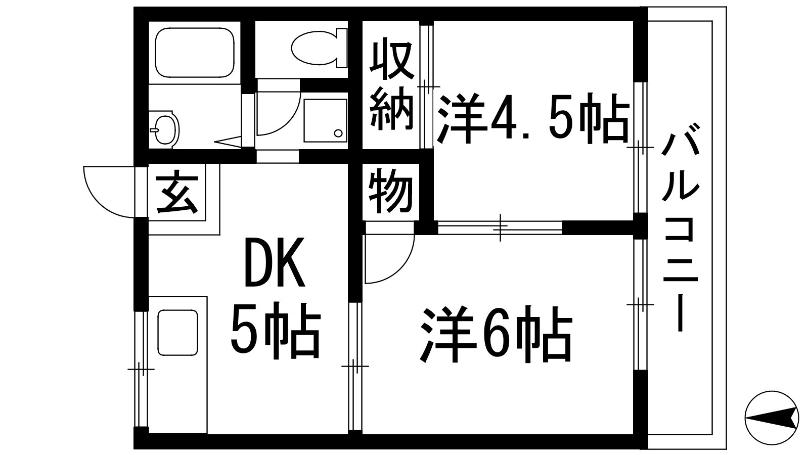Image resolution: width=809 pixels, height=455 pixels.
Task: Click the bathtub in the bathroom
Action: coord(195,53)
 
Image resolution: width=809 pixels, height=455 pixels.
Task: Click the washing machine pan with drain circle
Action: coord(325,121)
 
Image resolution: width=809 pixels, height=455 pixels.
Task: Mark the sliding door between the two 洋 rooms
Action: coord(500,227)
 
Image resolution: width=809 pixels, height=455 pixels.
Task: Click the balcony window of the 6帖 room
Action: coord(640,304)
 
